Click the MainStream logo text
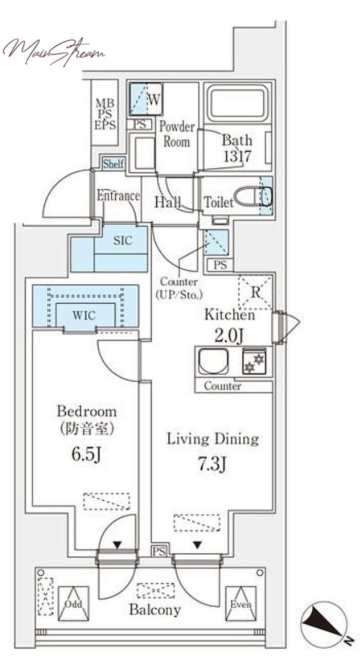53,51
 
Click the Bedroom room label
86,411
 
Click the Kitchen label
229,315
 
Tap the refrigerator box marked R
256,291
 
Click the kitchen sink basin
214,361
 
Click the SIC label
122,240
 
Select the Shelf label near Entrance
113,164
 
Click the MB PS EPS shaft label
106,114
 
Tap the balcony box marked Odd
69,604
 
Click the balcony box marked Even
240,604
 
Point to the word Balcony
155,610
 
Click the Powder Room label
176,134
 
